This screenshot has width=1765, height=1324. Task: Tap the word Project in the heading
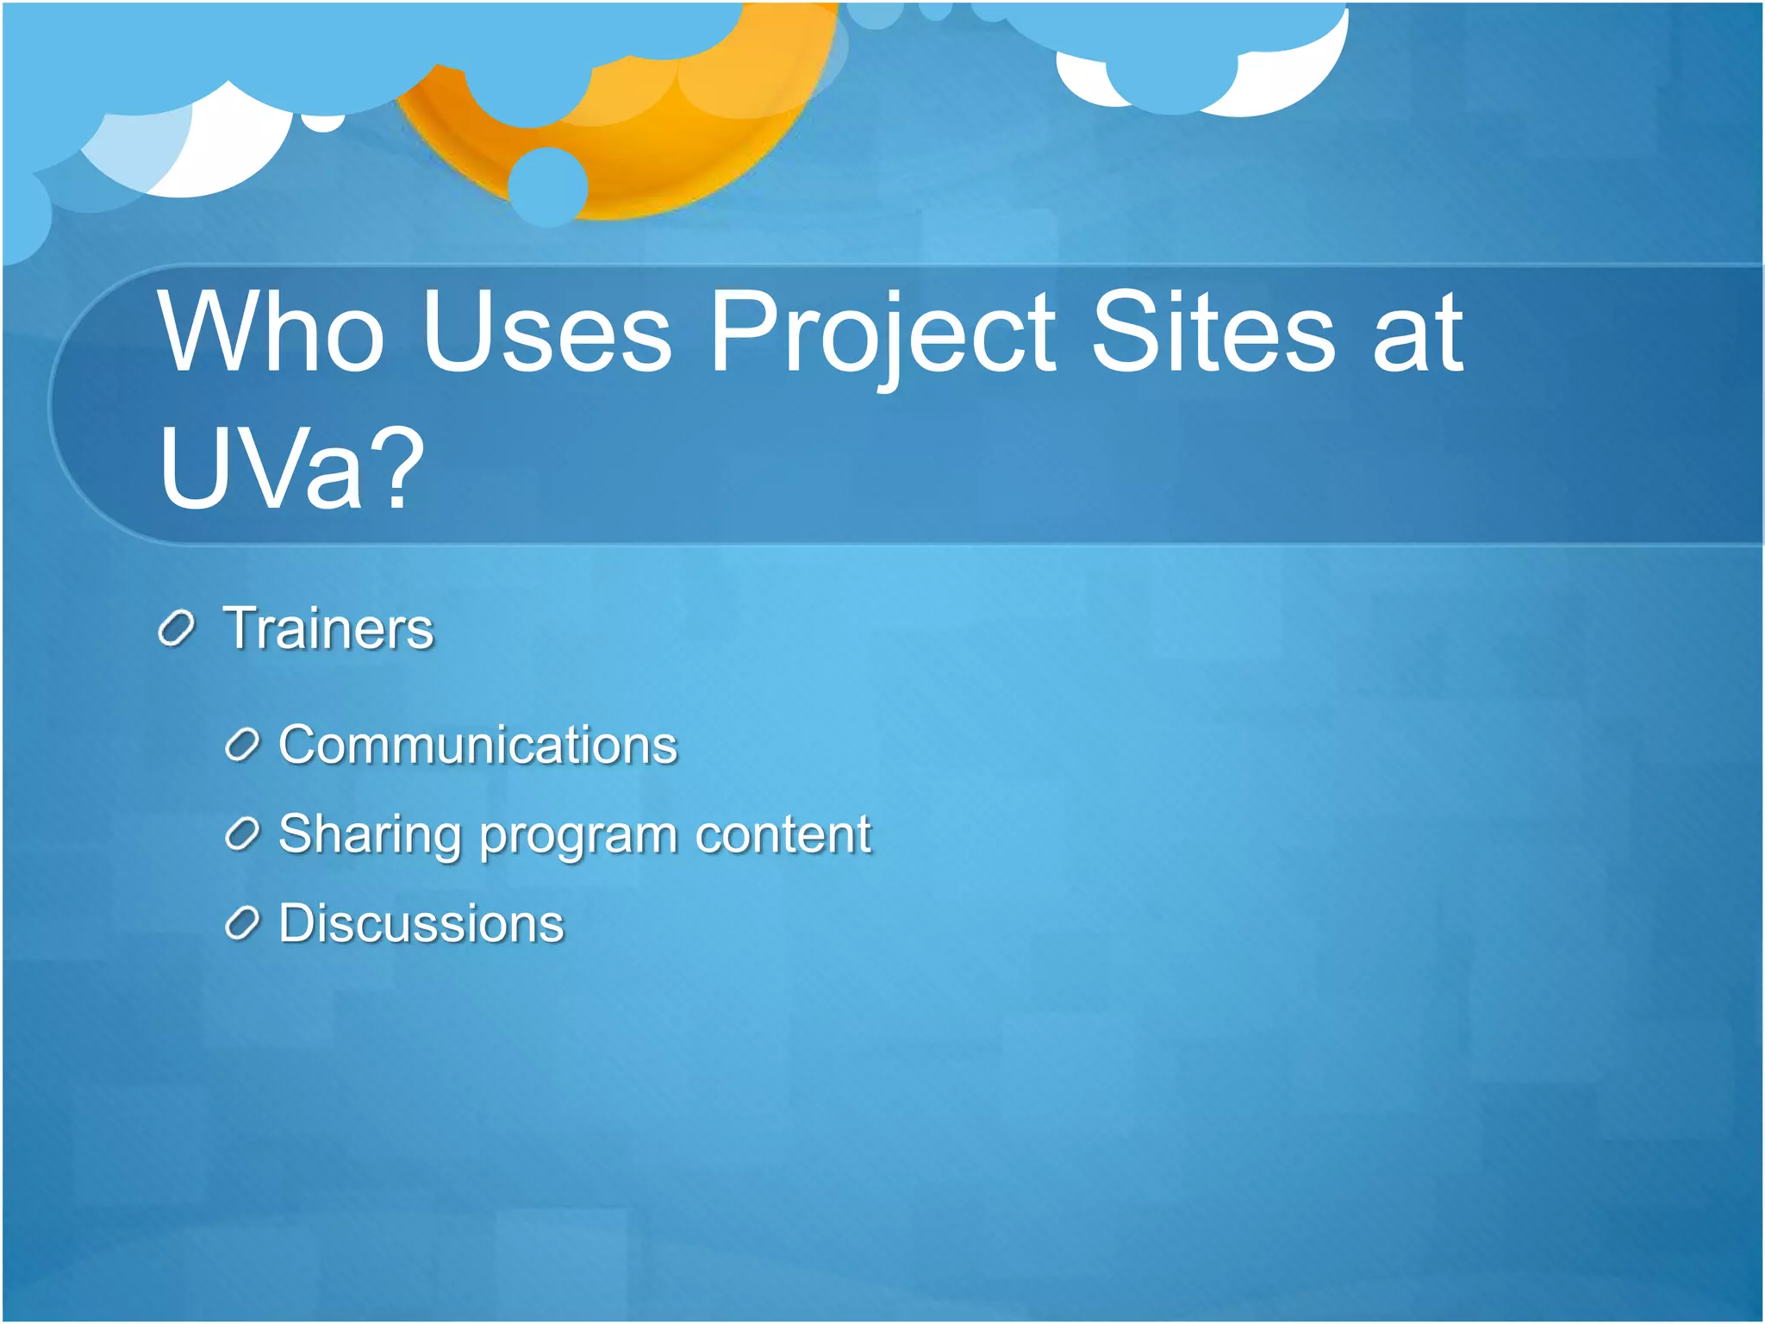point(882,336)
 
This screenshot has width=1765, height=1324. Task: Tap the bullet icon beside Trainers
point(177,629)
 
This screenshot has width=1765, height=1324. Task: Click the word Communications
point(478,745)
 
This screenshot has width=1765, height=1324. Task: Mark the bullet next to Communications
point(242,746)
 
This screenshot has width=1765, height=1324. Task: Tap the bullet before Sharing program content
point(242,834)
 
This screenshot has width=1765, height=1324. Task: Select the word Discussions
point(421,923)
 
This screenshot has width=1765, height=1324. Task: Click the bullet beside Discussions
point(242,924)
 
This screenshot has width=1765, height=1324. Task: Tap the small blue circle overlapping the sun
point(547,186)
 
